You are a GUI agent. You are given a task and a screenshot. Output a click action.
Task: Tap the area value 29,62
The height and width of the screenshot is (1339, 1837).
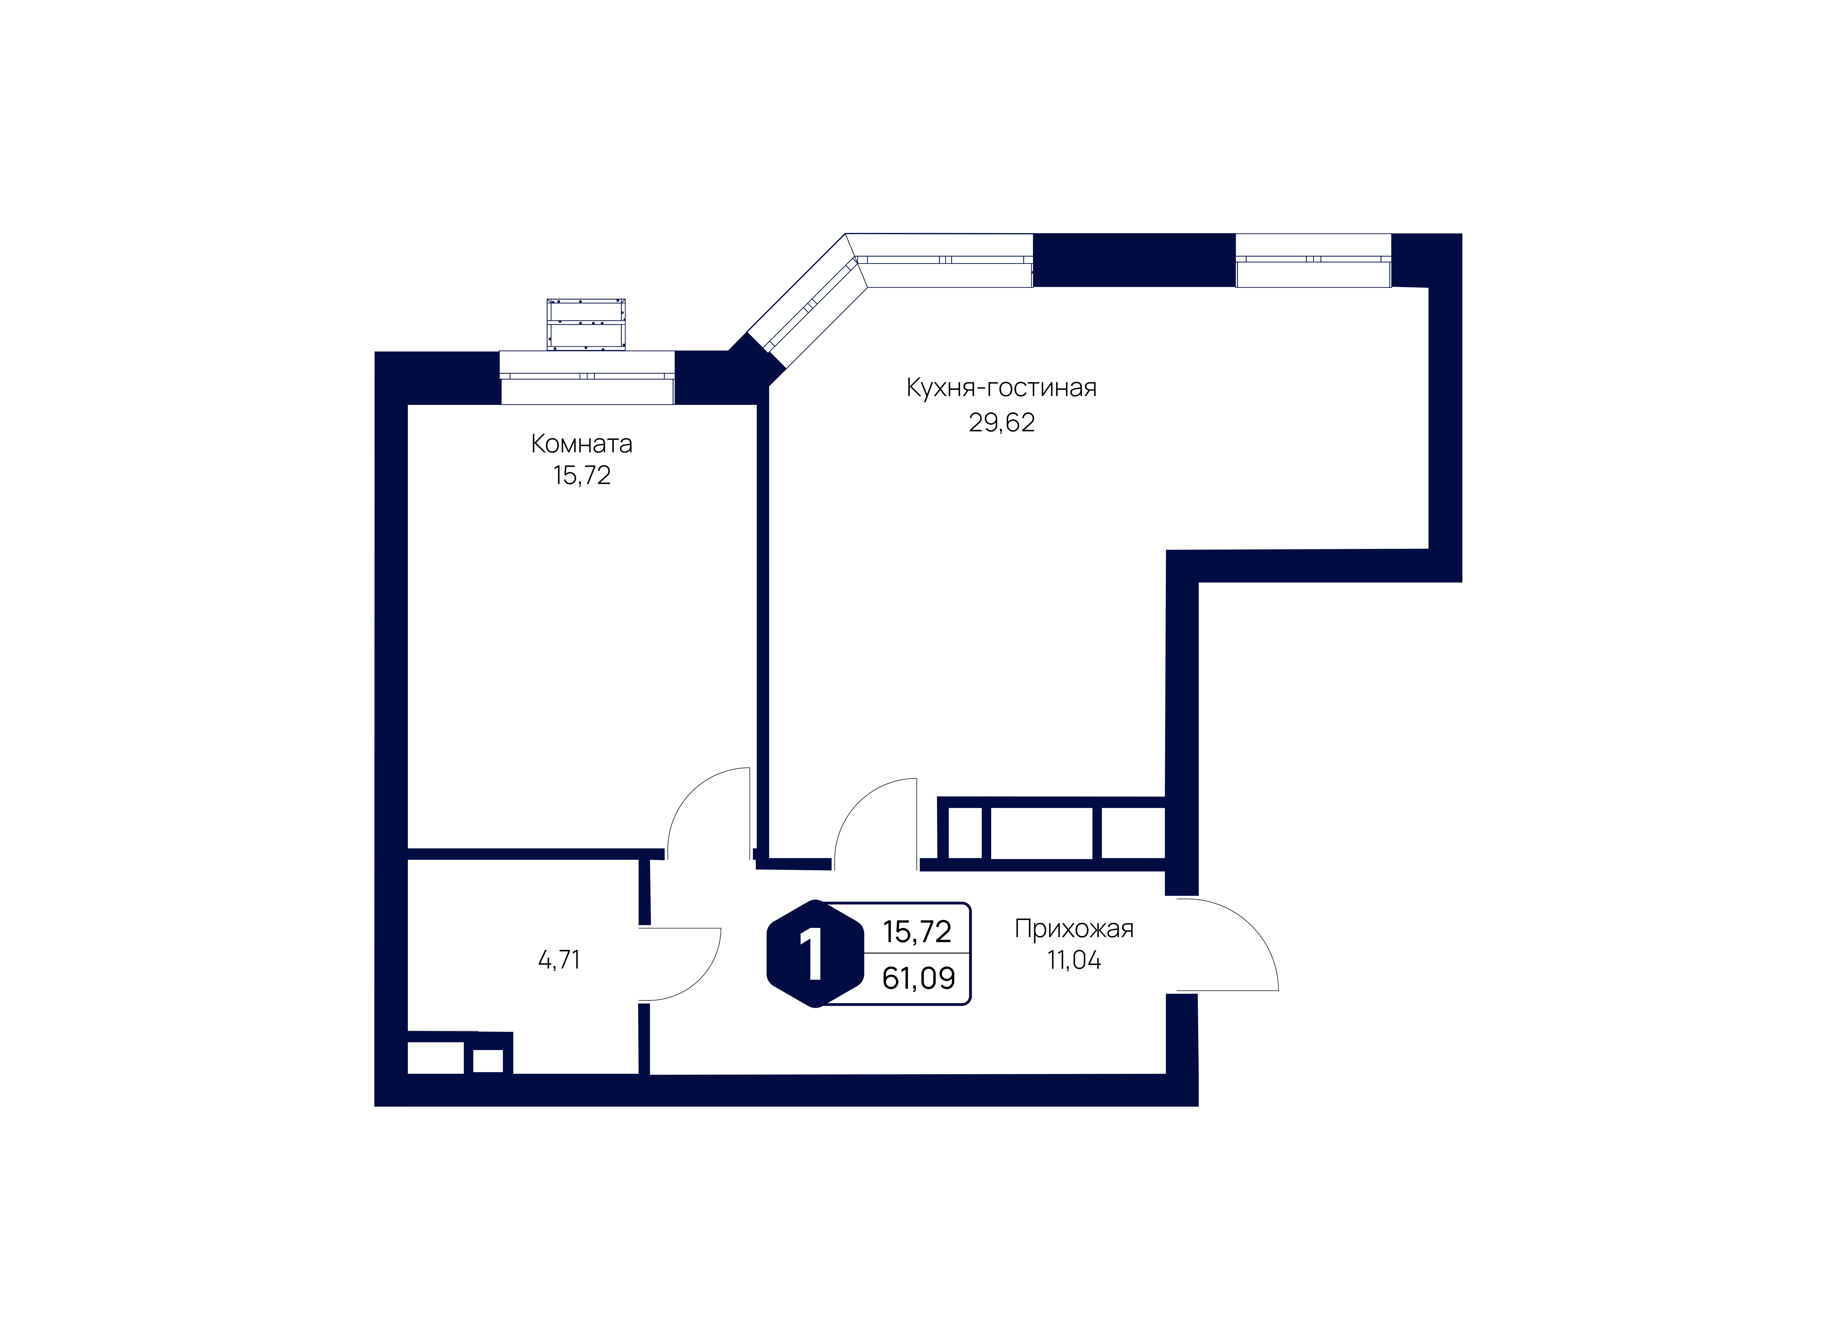tap(1002, 422)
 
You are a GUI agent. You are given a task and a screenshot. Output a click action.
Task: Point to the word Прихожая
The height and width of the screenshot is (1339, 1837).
tap(1074, 929)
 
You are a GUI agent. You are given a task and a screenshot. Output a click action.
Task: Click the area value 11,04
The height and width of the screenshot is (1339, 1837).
tap(1074, 961)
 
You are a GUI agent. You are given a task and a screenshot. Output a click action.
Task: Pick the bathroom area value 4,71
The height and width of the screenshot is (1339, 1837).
tap(559, 961)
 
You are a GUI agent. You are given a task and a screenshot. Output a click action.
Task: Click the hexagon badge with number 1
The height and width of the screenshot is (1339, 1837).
tap(814, 954)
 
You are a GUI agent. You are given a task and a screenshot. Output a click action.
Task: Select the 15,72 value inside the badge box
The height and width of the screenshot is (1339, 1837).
tap(917, 932)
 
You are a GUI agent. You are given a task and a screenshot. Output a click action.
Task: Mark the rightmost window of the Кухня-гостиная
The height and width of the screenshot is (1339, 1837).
tap(1313, 260)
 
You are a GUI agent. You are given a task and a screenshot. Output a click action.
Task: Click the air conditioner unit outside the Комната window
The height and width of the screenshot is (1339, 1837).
tap(586, 324)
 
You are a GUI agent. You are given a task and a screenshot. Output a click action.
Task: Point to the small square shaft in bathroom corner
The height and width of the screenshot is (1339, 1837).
tap(488, 1060)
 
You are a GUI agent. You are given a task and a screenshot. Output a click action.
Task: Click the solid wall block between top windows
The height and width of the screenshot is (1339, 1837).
tap(1134, 260)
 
